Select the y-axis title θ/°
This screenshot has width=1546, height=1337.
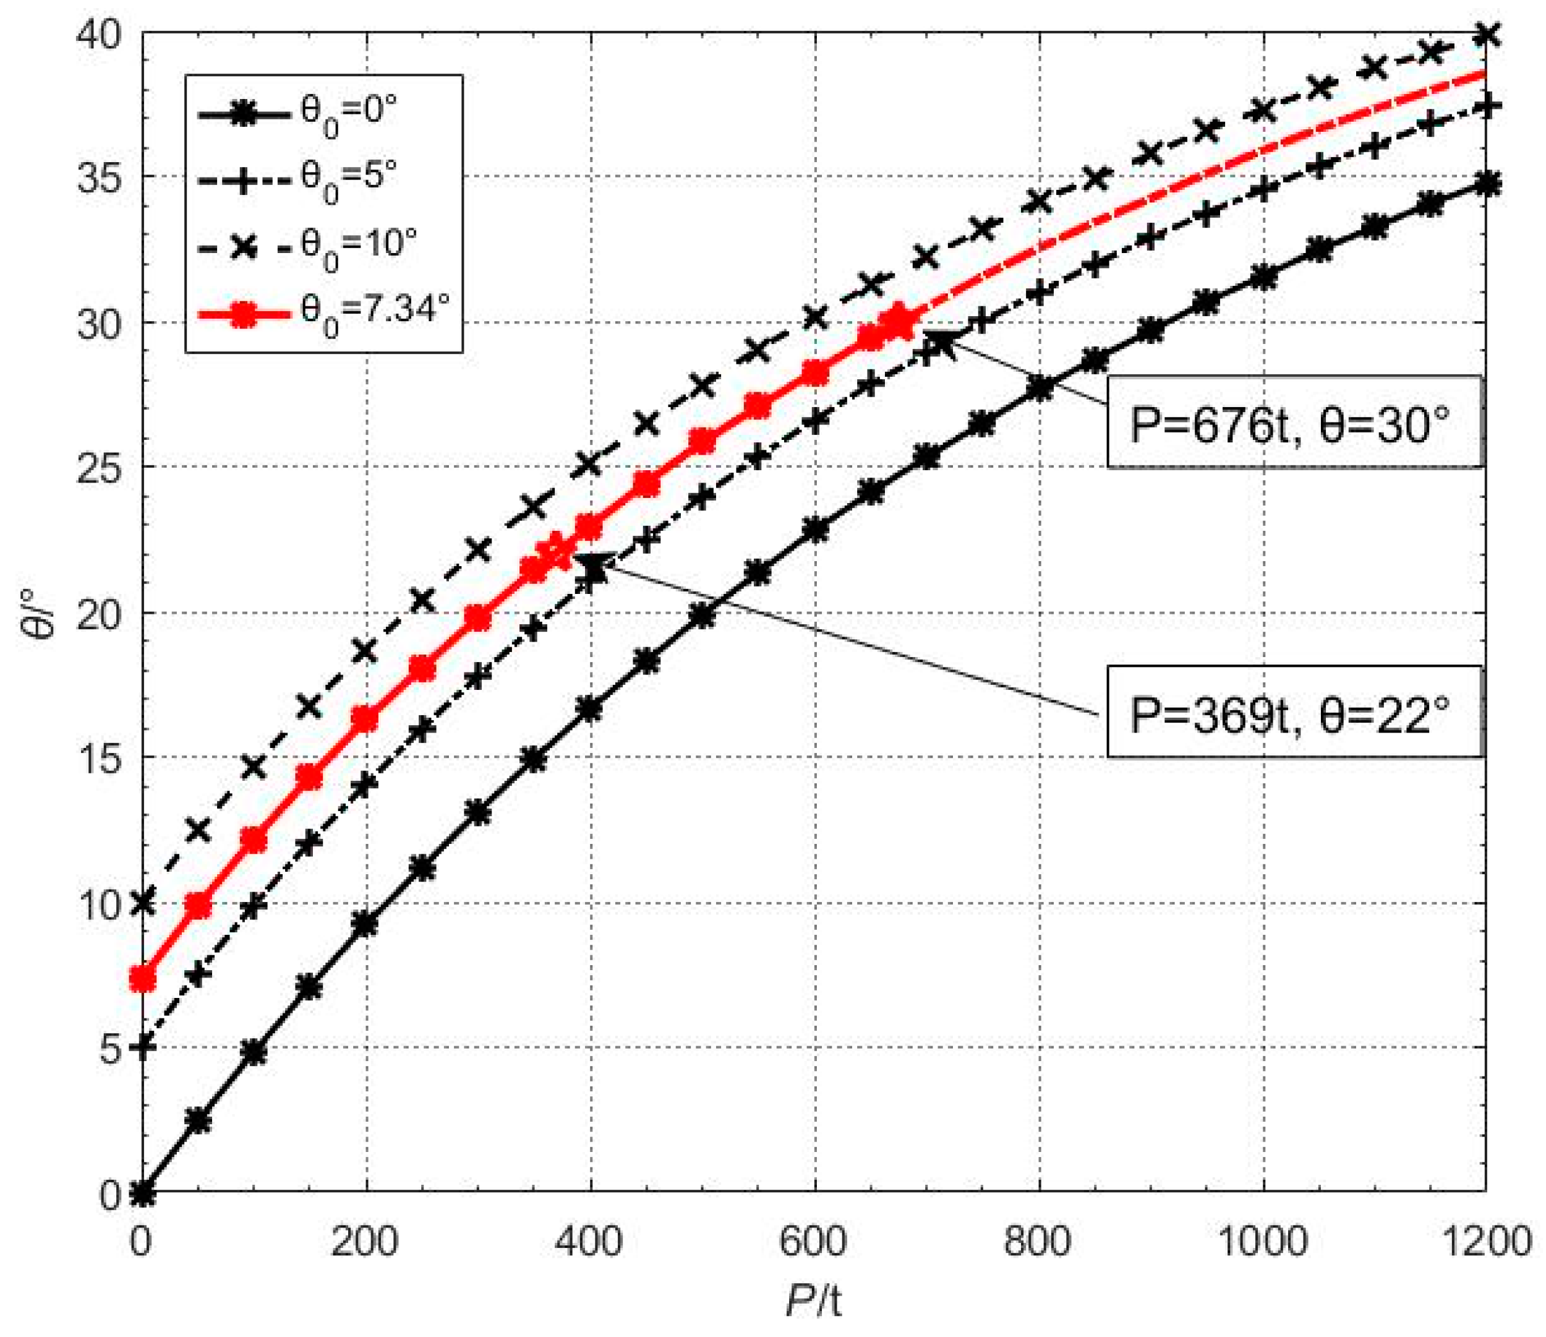[37, 612]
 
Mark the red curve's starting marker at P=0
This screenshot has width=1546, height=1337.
[142, 978]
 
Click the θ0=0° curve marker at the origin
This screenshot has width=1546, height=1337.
[142, 1193]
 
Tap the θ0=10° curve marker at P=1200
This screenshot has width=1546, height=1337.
[1485, 35]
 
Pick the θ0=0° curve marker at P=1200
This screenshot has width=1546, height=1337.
[1485, 184]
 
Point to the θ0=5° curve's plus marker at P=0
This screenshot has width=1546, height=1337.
[142, 1047]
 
